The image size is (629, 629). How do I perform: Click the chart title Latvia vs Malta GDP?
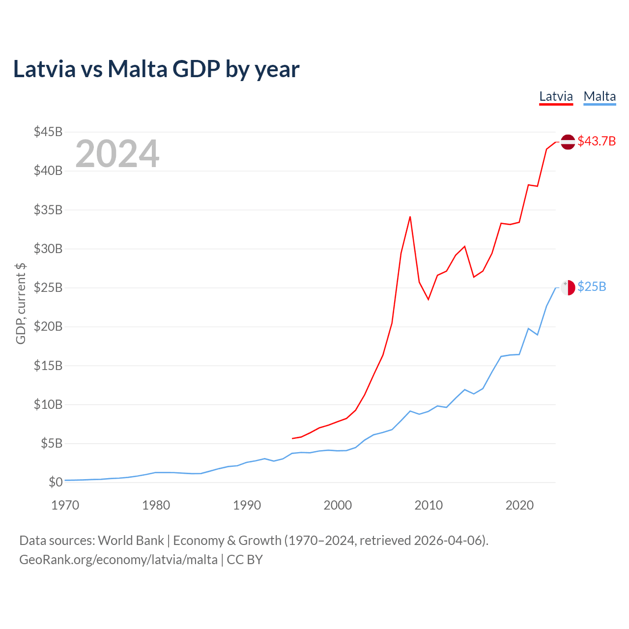point(156,69)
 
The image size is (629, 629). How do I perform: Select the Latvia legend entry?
point(556,96)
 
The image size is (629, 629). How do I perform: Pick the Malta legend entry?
point(600,96)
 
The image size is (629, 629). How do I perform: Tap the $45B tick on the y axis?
point(48,132)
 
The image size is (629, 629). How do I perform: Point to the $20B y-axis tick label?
point(48,326)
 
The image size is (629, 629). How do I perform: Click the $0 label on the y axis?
point(56,482)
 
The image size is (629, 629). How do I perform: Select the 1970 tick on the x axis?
point(65,505)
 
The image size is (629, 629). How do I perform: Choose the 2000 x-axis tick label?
point(338,505)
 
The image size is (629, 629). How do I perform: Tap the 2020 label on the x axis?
point(519,505)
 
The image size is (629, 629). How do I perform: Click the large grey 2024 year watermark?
point(117,154)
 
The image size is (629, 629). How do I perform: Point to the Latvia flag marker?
point(568,142)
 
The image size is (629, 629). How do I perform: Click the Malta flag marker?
point(568,287)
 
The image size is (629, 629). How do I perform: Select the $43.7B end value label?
point(597,141)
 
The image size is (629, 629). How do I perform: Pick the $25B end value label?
point(592,286)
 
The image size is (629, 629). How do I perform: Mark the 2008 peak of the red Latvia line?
point(410,217)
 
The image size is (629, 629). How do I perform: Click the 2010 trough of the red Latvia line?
point(428,299)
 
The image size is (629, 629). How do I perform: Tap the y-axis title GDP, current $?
point(21,303)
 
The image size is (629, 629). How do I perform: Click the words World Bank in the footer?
point(131,541)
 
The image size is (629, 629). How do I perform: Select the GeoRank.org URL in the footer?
point(118,560)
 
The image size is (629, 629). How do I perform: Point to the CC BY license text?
point(245,560)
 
